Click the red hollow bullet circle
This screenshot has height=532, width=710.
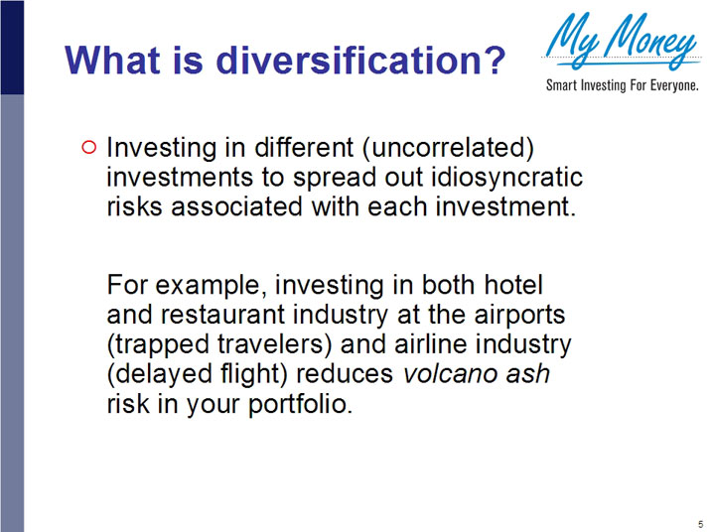87,148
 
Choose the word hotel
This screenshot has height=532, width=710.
512,285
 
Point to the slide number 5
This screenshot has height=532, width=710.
700,524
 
